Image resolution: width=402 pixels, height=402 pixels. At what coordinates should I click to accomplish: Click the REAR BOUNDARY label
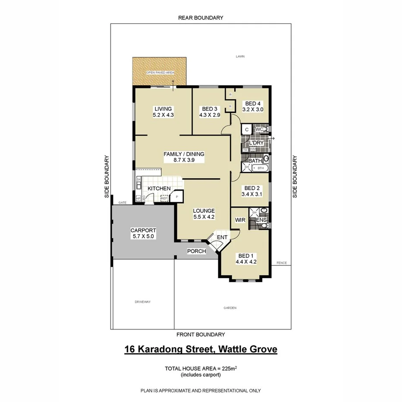tap(201, 18)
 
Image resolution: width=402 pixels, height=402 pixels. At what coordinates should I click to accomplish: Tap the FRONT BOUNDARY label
tap(201, 334)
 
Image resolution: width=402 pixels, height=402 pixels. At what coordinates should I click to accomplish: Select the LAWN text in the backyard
tap(240, 57)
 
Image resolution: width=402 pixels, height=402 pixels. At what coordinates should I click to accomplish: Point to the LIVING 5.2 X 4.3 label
tap(163, 112)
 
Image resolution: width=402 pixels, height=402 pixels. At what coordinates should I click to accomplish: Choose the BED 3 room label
tap(210, 112)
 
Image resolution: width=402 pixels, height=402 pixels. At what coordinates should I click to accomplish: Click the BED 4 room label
tap(254, 107)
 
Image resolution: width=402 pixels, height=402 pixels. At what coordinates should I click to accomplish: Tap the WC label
tap(259, 129)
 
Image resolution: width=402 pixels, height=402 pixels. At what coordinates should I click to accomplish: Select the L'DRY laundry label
tap(256, 143)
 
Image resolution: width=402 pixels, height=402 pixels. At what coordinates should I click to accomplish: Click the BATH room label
tap(255, 161)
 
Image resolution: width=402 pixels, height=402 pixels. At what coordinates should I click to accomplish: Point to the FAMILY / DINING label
tap(183, 157)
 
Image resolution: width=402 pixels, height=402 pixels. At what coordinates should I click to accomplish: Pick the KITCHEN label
tap(159, 188)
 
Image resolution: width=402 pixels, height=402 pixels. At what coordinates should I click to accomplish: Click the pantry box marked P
tap(177, 197)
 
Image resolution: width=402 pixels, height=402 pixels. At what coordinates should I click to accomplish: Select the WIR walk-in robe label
tap(240, 220)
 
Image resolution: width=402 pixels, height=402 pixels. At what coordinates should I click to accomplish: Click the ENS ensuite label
tap(261, 220)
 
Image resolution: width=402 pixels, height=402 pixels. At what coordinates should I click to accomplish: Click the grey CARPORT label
tap(143, 233)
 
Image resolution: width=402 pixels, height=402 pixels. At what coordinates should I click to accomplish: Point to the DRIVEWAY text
tap(142, 302)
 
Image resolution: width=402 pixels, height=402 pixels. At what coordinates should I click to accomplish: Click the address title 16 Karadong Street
tap(201, 349)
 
